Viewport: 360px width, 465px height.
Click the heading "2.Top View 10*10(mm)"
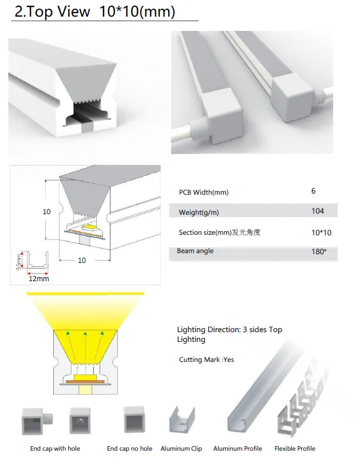pyautogui.click(x=95, y=12)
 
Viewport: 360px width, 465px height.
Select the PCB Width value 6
pyautogui.click(x=313, y=191)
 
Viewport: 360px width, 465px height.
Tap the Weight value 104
pyautogui.click(x=318, y=211)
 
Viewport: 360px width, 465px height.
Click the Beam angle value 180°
pyautogui.click(x=319, y=251)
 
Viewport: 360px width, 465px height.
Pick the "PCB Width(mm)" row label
pyautogui.click(x=204, y=192)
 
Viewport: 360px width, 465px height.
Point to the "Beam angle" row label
pyautogui.click(x=195, y=251)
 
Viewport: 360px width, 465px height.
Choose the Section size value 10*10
pyautogui.click(x=321, y=233)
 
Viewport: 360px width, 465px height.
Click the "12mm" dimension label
pyautogui.click(x=39, y=279)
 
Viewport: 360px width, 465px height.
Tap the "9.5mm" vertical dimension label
pyautogui.click(x=19, y=262)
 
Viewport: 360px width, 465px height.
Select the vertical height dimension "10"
pyautogui.click(x=46, y=212)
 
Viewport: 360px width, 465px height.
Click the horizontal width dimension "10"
pyautogui.click(x=82, y=261)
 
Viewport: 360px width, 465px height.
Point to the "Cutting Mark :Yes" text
pyautogui.click(x=206, y=360)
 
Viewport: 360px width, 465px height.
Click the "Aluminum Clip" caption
pyautogui.click(x=181, y=449)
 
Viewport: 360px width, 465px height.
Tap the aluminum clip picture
pyautogui.click(x=182, y=420)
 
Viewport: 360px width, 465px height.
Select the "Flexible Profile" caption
pyautogui.click(x=295, y=449)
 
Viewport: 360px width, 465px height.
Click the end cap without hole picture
pyautogui.click(x=134, y=420)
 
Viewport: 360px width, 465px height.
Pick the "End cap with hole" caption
pyautogui.click(x=55, y=449)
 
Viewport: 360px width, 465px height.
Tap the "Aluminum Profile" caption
pyautogui.click(x=238, y=449)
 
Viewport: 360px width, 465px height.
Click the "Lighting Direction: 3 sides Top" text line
pyautogui.click(x=230, y=330)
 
